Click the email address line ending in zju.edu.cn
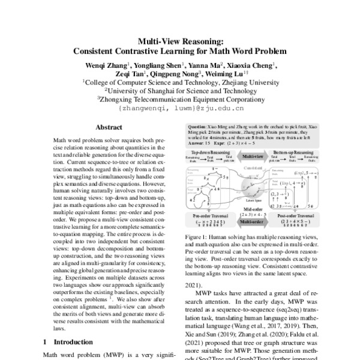[x=180, y=109]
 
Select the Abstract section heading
[x=109, y=128]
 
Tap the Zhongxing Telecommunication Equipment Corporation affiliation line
[x=180, y=101]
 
